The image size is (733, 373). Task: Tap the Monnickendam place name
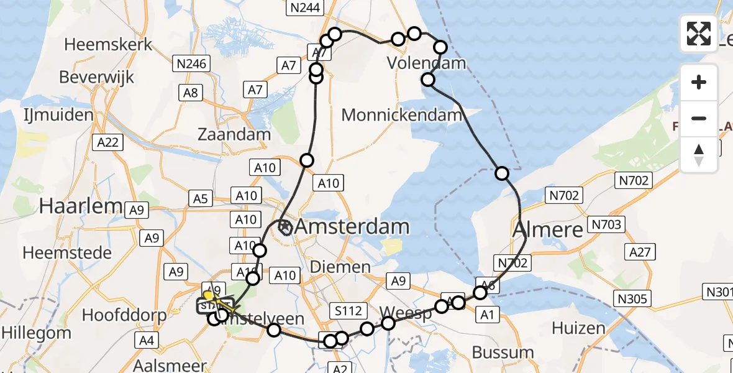(x=402, y=115)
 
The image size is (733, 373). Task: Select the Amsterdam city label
(x=352, y=227)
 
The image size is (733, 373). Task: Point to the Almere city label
(x=549, y=229)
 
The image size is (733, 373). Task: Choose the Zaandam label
(x=234, y=134)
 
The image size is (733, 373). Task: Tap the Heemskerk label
(x=108, y=45)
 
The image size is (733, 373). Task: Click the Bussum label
(x=503, y=352)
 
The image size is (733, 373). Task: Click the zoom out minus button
(x=699, y=118)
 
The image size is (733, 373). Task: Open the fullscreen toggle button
(x=699, y=34)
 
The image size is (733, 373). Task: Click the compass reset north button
(x=699, y=155)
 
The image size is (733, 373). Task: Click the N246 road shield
(x=192, y=63)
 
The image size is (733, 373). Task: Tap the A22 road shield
(x=107, y=142)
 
